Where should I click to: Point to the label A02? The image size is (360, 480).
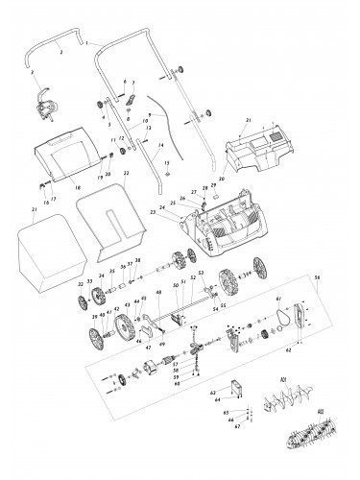point(319,410)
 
